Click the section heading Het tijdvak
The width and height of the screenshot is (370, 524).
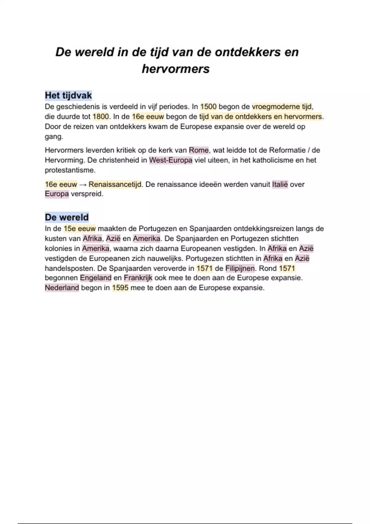click(68, 96)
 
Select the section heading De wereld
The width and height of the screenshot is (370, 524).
click(67, 217)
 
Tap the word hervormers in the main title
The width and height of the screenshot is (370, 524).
click(175, 69)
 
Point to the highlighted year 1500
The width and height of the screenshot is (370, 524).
click(208, 107)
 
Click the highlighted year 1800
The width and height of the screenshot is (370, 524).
click(101, 117)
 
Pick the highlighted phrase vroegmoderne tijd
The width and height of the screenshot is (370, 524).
click(282, 107)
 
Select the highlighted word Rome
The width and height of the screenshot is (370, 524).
click(199, 150)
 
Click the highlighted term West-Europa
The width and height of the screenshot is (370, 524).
click(171, 160)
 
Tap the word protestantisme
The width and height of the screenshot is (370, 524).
click(70, 170)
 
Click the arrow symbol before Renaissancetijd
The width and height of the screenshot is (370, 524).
click(83, 185)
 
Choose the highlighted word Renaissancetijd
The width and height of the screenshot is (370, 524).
click(115, 184)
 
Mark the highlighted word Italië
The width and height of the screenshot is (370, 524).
click(280, 184)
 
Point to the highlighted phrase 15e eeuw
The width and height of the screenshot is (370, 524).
click(80, 229)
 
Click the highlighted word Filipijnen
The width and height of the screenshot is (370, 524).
click(240, 268)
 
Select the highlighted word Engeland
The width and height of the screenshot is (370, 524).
click(96, 278)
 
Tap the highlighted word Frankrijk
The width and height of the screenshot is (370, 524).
click(138, 278)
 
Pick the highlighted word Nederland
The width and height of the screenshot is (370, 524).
click(62, 288)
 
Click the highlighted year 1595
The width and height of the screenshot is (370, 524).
click(120, 288)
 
